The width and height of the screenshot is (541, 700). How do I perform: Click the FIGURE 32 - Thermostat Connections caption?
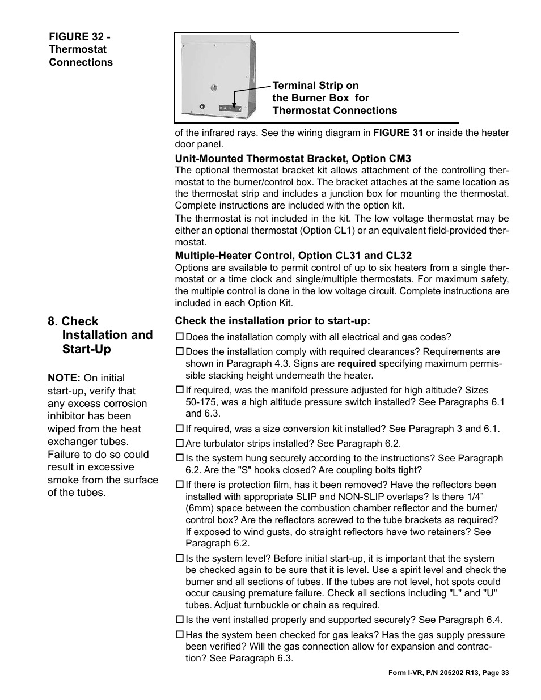pyautogui.click(x=81, y=50)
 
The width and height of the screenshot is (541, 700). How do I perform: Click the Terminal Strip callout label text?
pyautogui.click(x=335, y=98)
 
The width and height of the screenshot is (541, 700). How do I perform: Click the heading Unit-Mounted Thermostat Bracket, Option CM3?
pyautogui.click(x=293, y=159)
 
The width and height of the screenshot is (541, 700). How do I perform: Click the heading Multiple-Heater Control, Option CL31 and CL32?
pyautogui.click(x=293, y=256)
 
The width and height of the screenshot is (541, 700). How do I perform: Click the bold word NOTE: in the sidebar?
pyautogui.click(x=64, y=378)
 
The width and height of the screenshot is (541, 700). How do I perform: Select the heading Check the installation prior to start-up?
pyautogui.click(x=272, y=321)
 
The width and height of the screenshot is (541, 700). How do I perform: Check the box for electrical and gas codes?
pyautogui.click(x=179, y=337)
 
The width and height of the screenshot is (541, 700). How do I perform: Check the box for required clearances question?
pyautogui.click(x=179, y=352)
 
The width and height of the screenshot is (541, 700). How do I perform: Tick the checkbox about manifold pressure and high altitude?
pyautogui.click(x=179, y=390)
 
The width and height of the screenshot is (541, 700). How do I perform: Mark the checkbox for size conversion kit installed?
pyautogui.click(x=179, y=429)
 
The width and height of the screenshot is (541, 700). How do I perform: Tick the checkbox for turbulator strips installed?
pyautogui.click(x=179, y=443)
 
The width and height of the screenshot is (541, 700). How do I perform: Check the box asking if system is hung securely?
pyautogui.click(x=179, y=458)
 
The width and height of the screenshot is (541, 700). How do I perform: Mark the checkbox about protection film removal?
pyautogui.click(x=179, y=485)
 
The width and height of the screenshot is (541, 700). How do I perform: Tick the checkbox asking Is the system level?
pyautogui.click(x=179, y=558)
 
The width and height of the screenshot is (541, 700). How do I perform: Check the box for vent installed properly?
pyautogui.click(x=179, y=620)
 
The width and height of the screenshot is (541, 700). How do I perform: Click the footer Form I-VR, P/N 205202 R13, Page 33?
pyautogui.click(x=449, y=673)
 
